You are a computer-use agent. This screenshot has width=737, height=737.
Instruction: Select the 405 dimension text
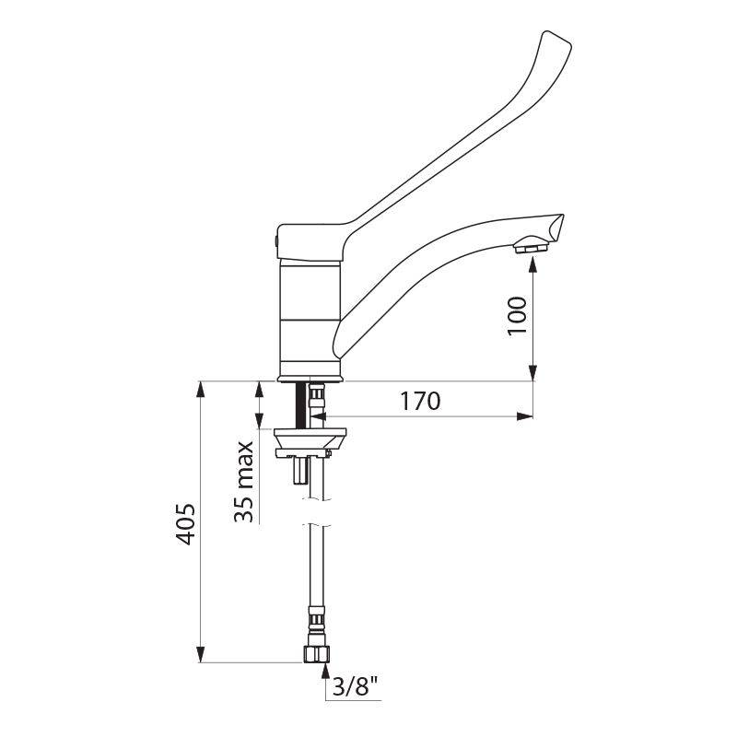click(185, 525)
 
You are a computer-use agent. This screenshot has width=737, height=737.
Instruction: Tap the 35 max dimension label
click(244, 482)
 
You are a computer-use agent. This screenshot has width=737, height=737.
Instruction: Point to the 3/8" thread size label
click(357, 687)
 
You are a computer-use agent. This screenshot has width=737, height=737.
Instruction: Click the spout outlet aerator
click(532, 246)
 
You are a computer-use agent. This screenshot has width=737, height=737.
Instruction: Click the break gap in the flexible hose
click(315, 512)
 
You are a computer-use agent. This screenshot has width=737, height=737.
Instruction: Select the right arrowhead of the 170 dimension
click(525, 416)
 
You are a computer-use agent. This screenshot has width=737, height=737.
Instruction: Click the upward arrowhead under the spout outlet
click(533, 265)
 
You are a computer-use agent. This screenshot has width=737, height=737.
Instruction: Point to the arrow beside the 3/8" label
click(324, 677)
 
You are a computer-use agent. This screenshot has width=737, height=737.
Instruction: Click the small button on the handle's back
click(275, 241)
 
